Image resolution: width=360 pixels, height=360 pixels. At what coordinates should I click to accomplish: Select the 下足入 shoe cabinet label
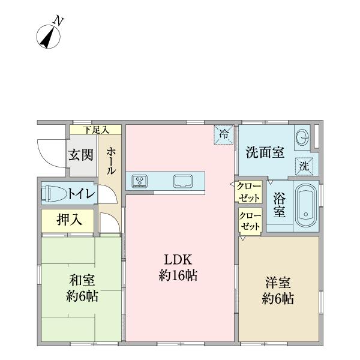click(95, 130)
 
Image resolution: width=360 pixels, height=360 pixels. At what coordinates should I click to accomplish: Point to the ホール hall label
click(111, 161)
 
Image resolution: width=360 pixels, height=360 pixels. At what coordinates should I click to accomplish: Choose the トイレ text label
click(80, 194)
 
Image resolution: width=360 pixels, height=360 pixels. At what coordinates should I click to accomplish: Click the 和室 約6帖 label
click(82, 288)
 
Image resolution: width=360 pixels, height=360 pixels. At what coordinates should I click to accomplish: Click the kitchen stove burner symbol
click(140, 181)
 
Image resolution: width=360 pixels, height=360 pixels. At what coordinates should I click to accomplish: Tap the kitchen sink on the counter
click(182, 181)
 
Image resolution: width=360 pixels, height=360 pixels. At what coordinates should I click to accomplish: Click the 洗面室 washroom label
click(265, 153)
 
